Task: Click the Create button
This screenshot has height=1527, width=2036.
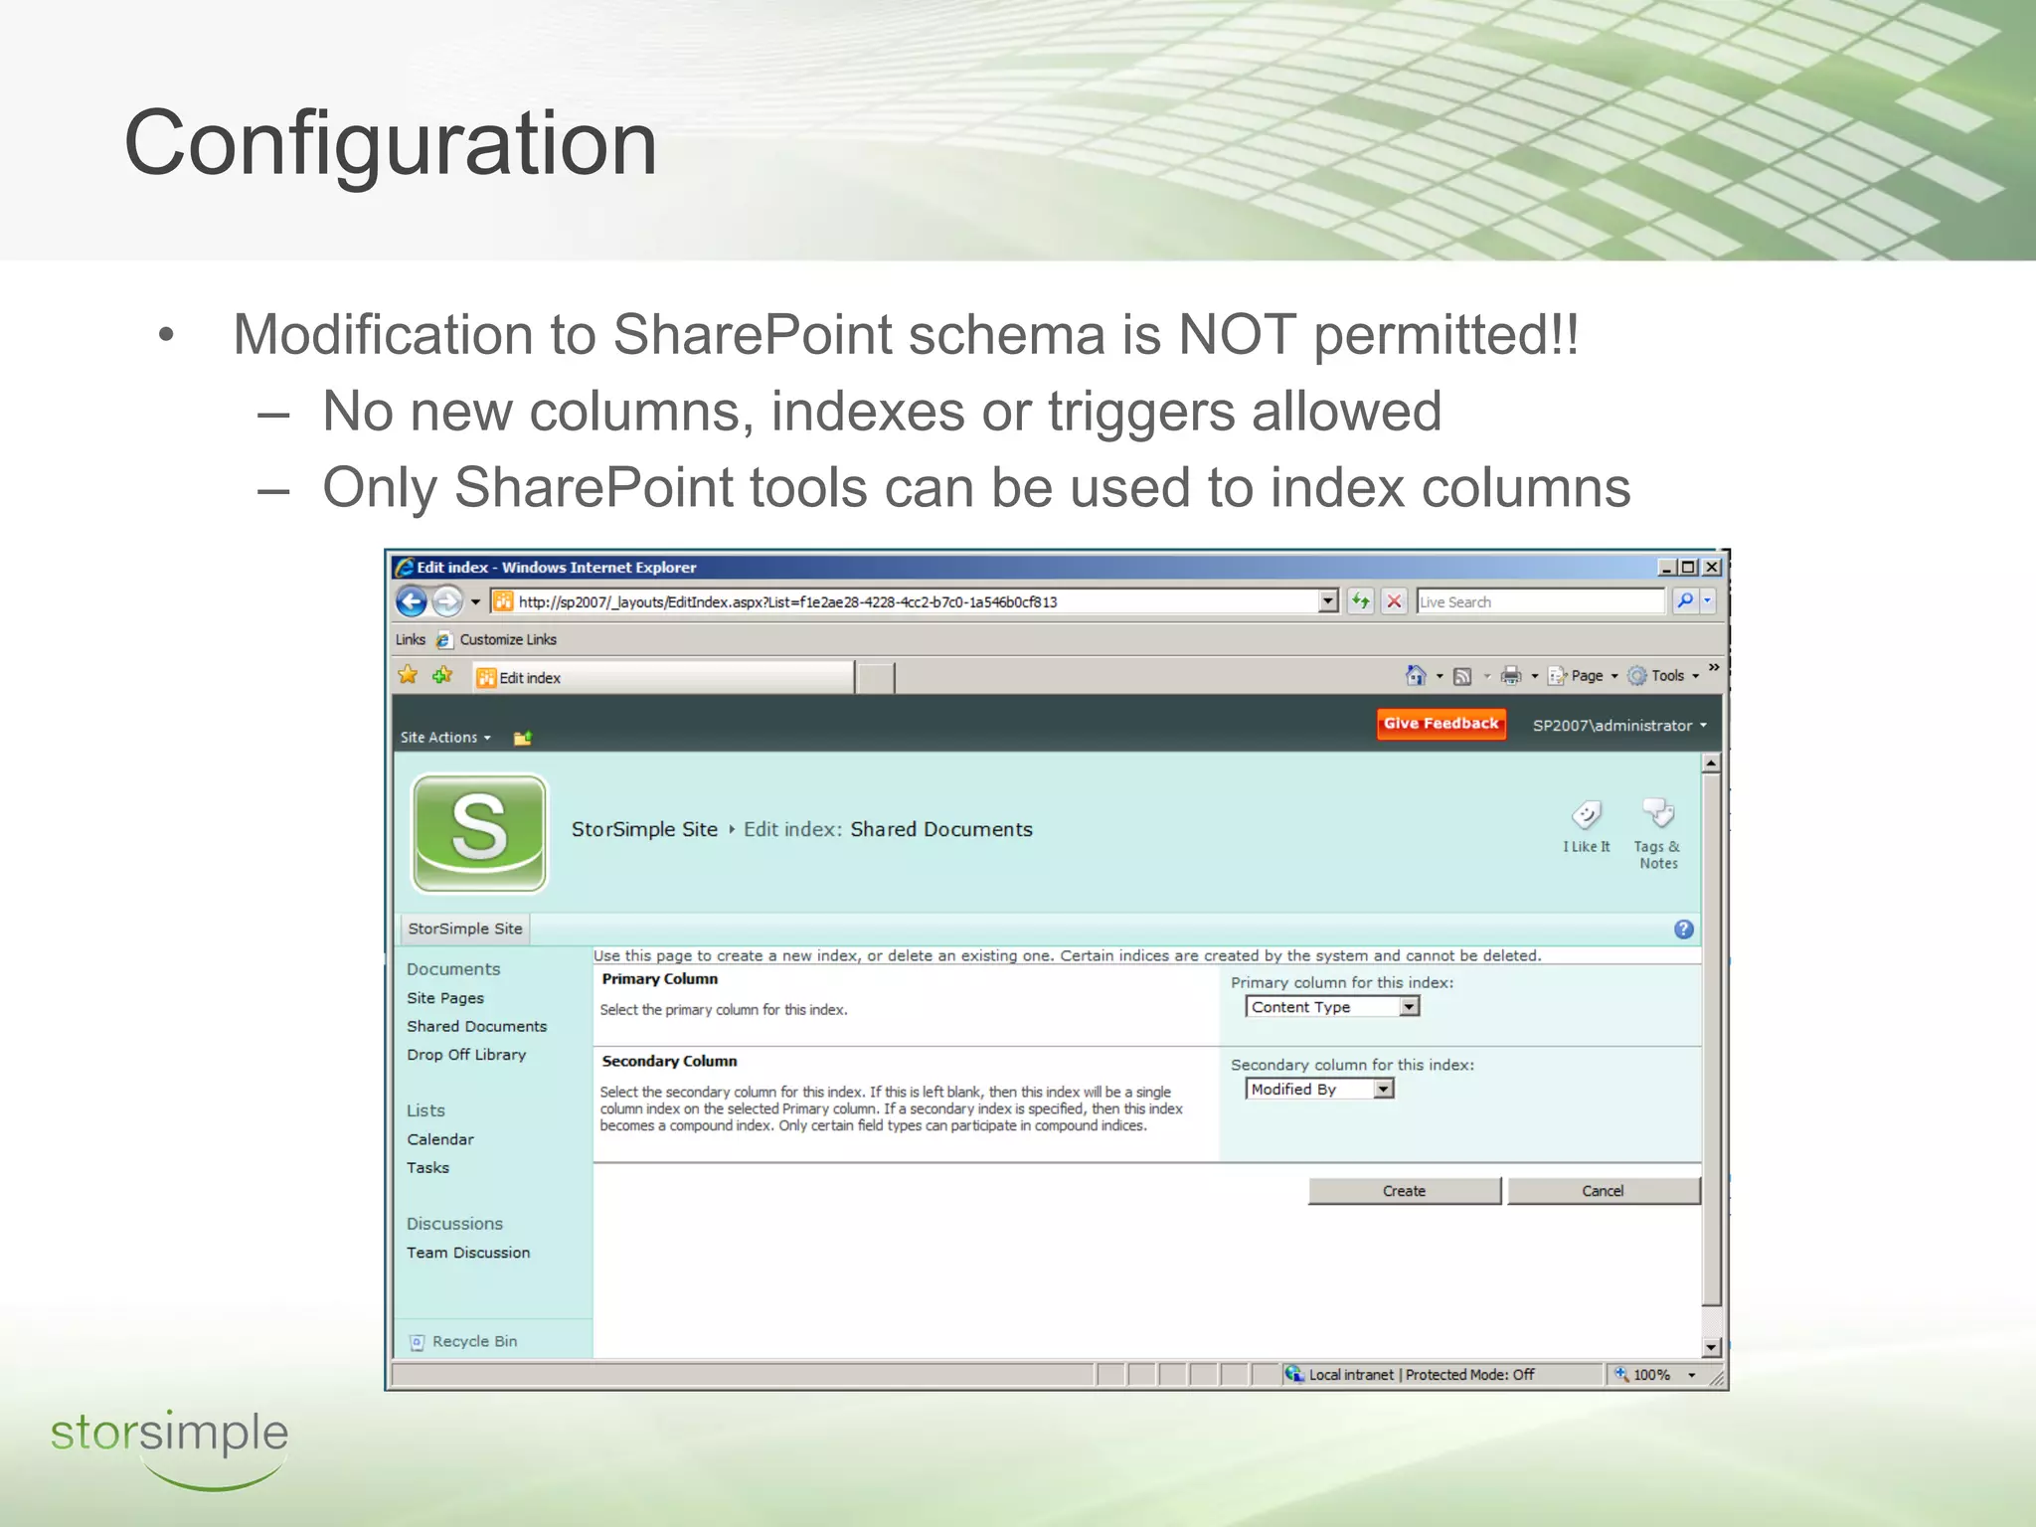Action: [1403, 1191]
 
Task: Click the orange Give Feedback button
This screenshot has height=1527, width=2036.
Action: [1441, 724]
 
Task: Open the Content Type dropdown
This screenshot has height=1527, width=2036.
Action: [1332, 1007]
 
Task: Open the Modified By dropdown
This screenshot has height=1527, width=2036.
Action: [1319, 1090]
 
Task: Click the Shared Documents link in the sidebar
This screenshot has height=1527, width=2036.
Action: [476, 1026]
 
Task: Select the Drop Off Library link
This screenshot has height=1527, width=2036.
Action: [466, 1055]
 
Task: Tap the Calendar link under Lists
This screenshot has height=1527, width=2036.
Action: [440, 1139]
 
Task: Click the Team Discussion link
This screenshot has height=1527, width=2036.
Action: [468, 1253]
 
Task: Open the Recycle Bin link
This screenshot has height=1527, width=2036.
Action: [474, 1341]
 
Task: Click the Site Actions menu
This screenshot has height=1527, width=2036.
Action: [444, 738]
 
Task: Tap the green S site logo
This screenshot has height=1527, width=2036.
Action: [479, 833]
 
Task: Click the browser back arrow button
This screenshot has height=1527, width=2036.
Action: [412, 601]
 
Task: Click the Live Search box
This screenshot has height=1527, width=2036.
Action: [1539, 601]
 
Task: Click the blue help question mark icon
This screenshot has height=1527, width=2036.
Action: [1683, 930]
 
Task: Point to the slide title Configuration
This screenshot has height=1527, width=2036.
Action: [391, 144]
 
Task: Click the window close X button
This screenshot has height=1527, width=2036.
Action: [1712, 568]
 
